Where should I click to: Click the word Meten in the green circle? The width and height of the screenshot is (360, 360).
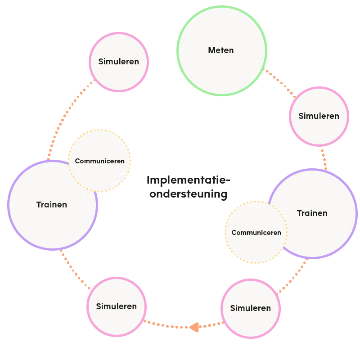220,50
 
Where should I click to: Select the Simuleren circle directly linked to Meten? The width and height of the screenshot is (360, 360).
319,116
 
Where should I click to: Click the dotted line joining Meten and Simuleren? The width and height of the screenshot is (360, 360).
279,83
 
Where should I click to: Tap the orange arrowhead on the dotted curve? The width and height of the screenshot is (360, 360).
194,327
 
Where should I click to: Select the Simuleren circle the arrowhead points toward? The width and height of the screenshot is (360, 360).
117,306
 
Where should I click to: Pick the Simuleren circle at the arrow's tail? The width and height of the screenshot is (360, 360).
250,309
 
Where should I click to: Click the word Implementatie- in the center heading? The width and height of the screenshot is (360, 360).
188,180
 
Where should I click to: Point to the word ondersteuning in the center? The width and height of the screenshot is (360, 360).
188,194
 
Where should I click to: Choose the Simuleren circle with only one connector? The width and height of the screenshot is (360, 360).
119,62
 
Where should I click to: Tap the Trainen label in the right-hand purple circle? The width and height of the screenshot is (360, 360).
312,213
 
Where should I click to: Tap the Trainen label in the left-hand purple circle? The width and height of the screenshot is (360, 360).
51,205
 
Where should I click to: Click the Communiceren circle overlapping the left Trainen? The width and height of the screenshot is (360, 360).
99,161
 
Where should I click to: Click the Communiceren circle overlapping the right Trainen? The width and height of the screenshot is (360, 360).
256,233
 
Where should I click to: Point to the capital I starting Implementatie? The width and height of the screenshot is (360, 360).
148,180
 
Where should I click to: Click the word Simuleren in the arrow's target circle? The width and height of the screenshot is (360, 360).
117,306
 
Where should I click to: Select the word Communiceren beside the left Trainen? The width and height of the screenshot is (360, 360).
99,161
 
